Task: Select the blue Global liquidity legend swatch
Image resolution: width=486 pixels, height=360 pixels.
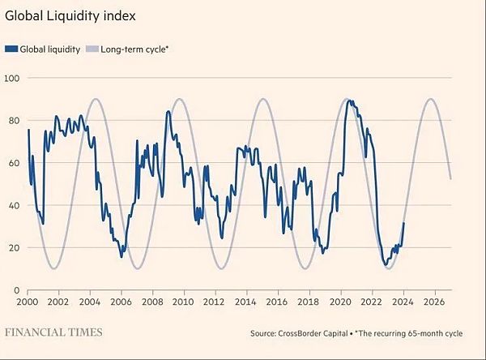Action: coord(11,49)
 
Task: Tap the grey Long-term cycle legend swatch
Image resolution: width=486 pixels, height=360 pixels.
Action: coord(92,49)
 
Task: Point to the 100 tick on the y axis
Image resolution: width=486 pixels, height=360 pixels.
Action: coord(12,78)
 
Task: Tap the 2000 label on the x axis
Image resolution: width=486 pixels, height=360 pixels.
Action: coord(28,302)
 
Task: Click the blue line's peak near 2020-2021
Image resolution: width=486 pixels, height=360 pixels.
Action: coord(350,101)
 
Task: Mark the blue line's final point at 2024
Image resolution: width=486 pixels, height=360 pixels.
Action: coord(403,223)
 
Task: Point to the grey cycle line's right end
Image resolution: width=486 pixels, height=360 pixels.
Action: coord(450,179)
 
